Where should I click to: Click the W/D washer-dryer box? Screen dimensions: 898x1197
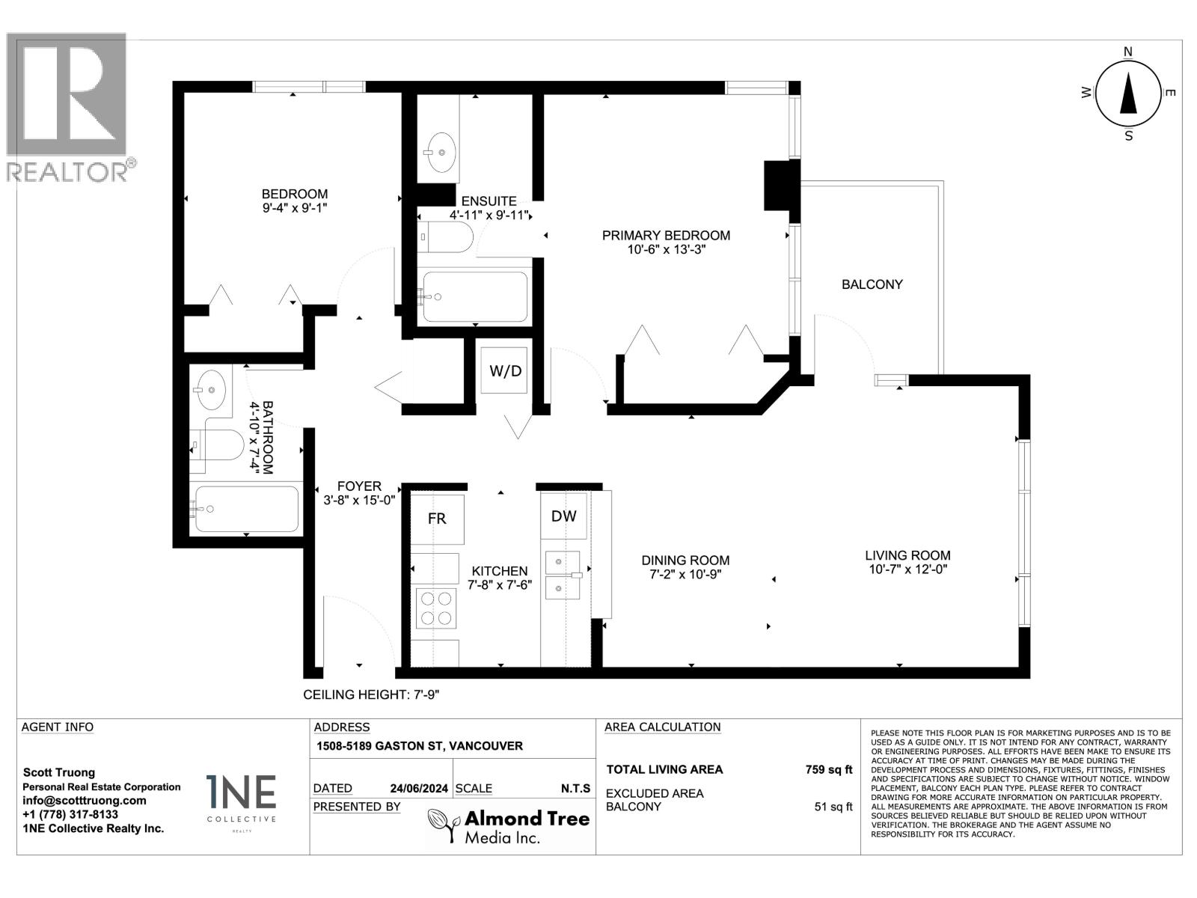505,371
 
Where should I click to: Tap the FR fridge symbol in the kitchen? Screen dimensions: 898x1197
438,519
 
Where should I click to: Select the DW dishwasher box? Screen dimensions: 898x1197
563,516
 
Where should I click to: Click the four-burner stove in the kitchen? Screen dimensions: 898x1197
437,608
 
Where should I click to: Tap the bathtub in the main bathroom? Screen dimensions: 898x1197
246,509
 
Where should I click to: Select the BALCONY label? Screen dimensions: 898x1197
872,284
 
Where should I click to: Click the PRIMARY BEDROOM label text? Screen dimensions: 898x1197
666,236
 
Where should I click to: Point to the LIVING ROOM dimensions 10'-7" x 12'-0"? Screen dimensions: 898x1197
907,569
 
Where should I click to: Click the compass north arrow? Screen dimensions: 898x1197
1127,94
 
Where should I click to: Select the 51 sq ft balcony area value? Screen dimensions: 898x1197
833,807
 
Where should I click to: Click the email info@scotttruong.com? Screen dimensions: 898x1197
84,800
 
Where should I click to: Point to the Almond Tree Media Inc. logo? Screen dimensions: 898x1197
509,825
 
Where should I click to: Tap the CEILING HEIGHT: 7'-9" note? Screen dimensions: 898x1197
371,694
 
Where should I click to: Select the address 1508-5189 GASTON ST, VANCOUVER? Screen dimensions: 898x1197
419,746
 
